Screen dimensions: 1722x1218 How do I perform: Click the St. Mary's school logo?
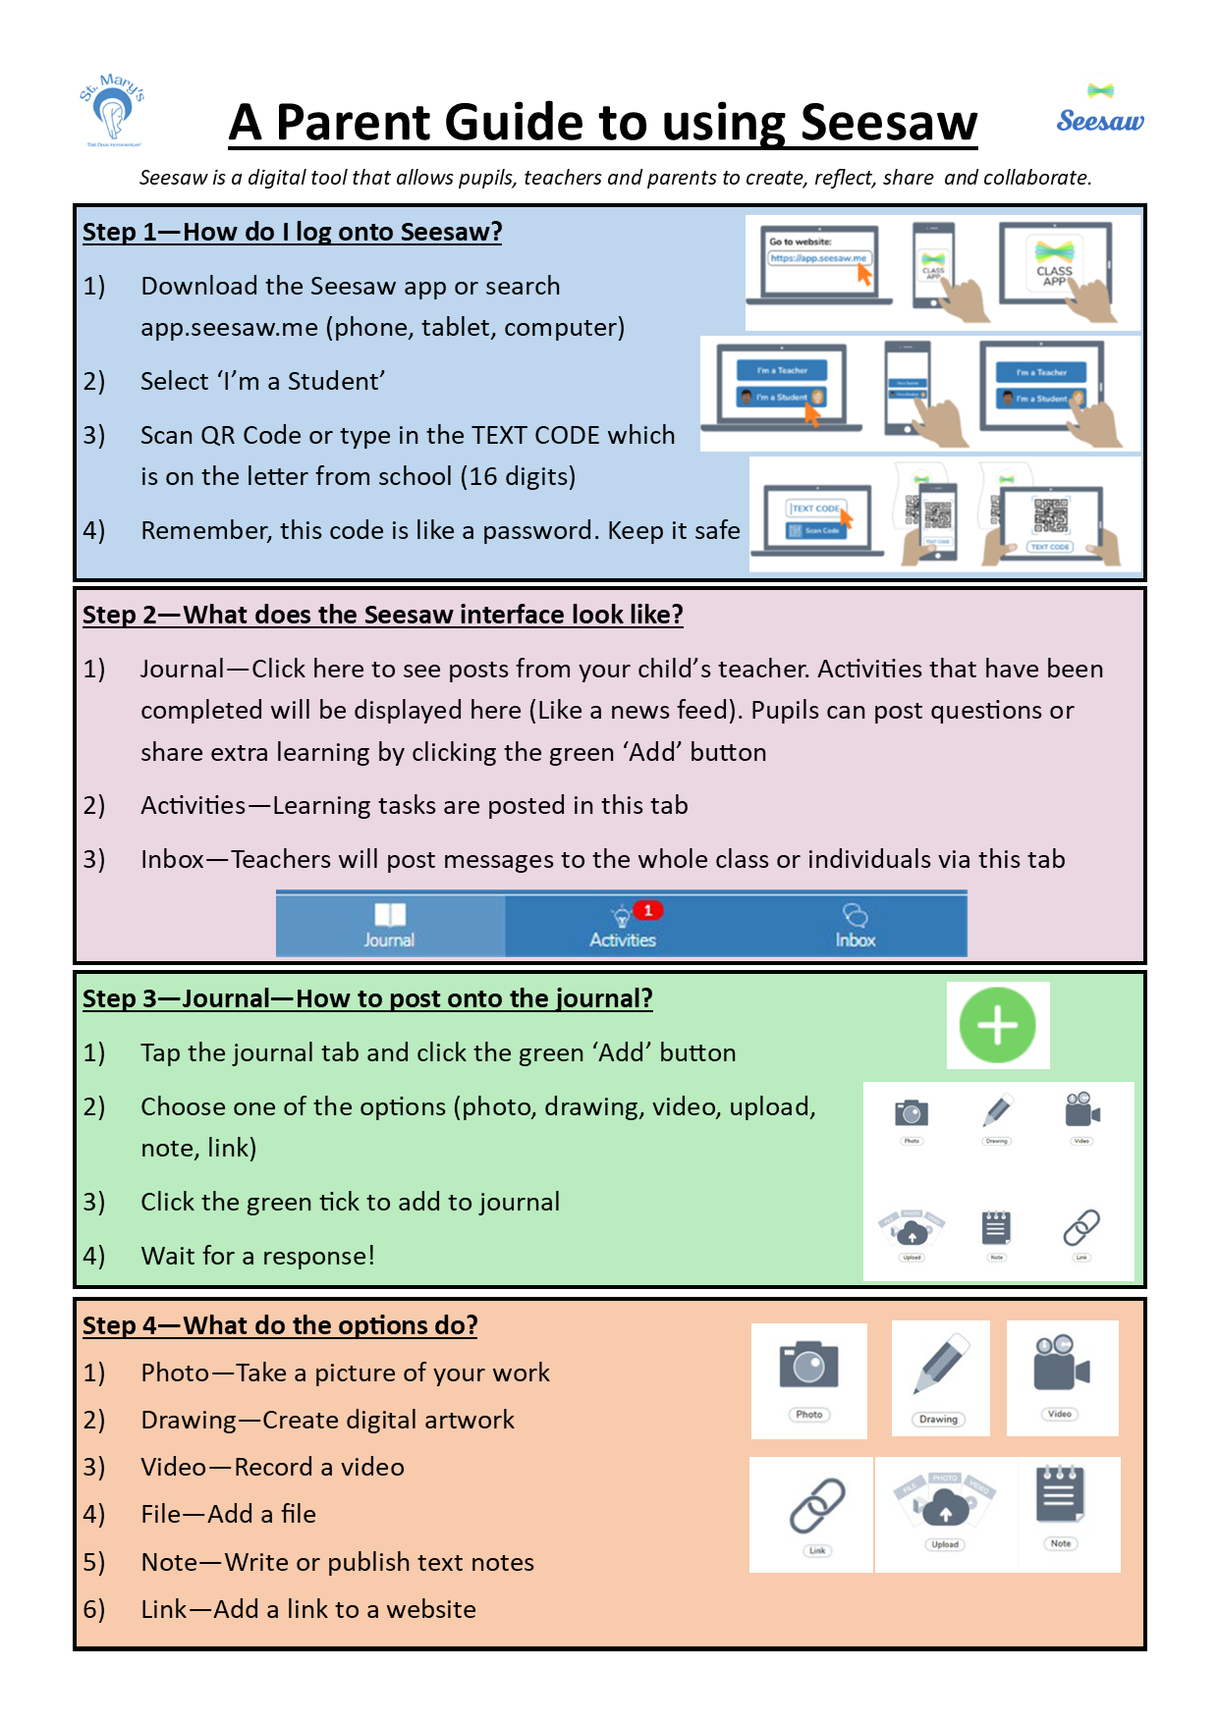[x=113, y=110]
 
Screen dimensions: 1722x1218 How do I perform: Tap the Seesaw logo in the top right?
[x=1100, y=111]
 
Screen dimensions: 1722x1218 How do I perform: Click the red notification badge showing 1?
[x=648, y=910]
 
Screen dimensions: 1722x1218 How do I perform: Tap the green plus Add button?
[x=997, y=1025]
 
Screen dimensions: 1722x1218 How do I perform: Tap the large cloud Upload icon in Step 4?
[x=945, y=1502]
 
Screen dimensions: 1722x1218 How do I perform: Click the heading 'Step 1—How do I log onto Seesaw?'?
[x=292, y=233]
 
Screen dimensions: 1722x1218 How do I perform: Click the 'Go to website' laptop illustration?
[x=819, y=263]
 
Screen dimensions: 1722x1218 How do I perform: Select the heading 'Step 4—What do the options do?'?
[x=280, y=1325]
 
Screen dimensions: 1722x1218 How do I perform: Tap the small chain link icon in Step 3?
[x=1081, y=1227]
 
